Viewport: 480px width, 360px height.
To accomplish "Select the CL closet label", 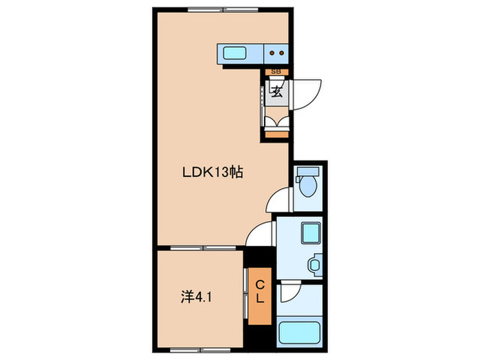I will pos(261,292).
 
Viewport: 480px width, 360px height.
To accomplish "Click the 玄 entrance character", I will pos(277,92).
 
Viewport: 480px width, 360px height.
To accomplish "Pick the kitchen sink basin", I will pos(236,52).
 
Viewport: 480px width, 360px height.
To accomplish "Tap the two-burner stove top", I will pos(277,52).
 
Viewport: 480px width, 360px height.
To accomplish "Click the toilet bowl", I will pos(307,185).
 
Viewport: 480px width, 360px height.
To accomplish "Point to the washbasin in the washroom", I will pos(315,263).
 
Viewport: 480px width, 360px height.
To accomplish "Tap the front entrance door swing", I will pos(306,93).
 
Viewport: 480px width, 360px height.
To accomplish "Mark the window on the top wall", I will pos(210,9).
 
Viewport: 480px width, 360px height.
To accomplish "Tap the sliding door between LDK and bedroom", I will pos(200,248).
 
